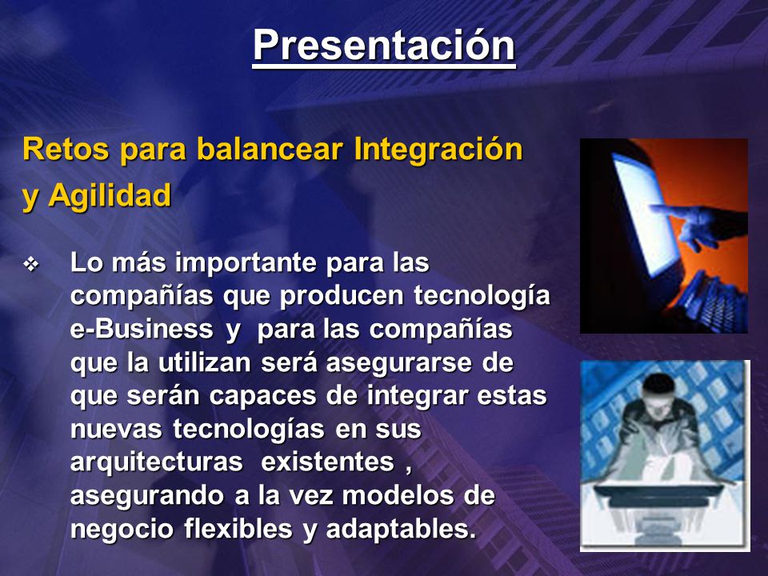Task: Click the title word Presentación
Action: tap(384, 46)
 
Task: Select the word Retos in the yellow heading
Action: tap(65, 149)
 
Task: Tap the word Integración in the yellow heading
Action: tap(438, 150)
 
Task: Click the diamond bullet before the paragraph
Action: tap(31, 265)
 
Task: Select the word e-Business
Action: tap(142, 329)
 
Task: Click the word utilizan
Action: tap(204, 363)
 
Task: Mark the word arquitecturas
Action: tap(156, 462)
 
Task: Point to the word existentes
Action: tap(327, 462)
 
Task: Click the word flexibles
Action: tap(239, 529)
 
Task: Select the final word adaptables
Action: tap(401, 530)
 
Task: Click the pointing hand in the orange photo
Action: tap(701, 223)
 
